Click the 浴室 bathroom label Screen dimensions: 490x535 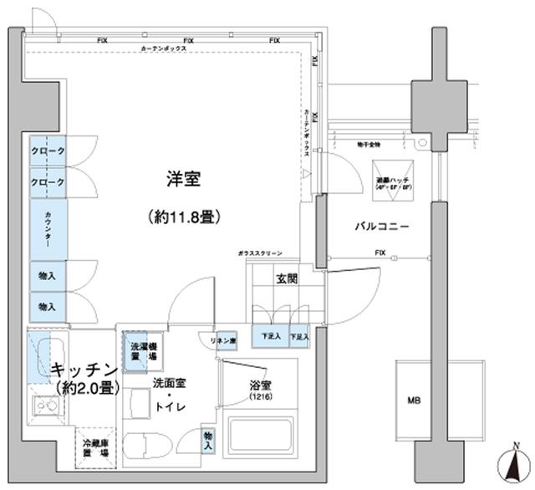261,385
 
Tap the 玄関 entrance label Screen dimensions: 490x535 287,280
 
